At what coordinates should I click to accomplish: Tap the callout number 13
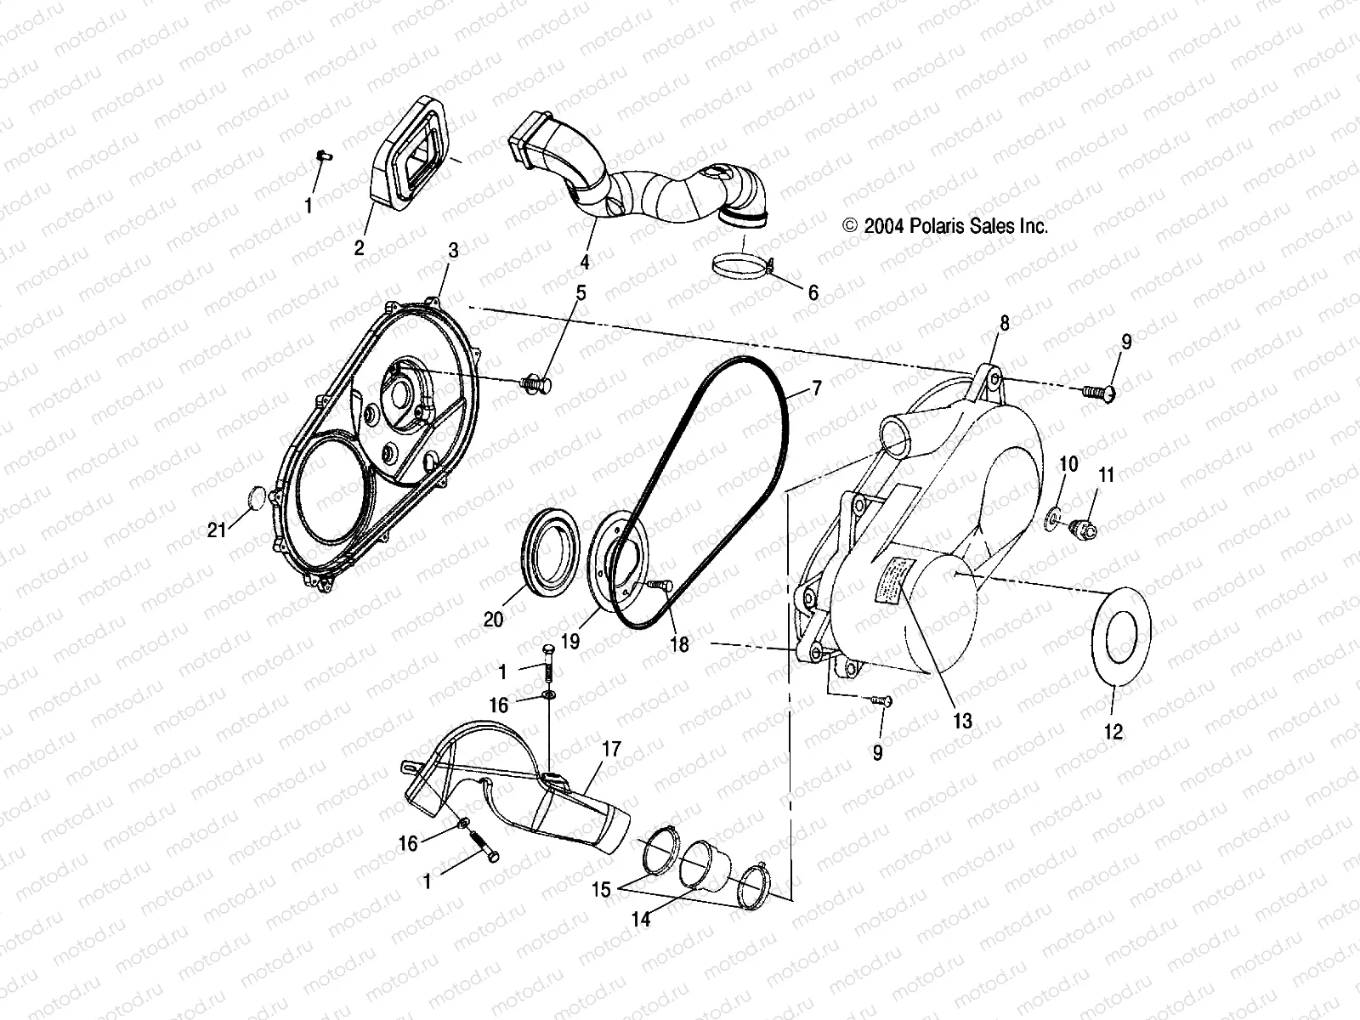click(x=962, y=721)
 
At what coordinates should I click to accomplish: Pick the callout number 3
click(x=453, y=251)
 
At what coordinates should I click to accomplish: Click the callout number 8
click(x=1004, y=323)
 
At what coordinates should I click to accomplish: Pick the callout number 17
click(x=612, y=750)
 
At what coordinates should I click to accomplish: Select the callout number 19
click(x=570, y=641)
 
